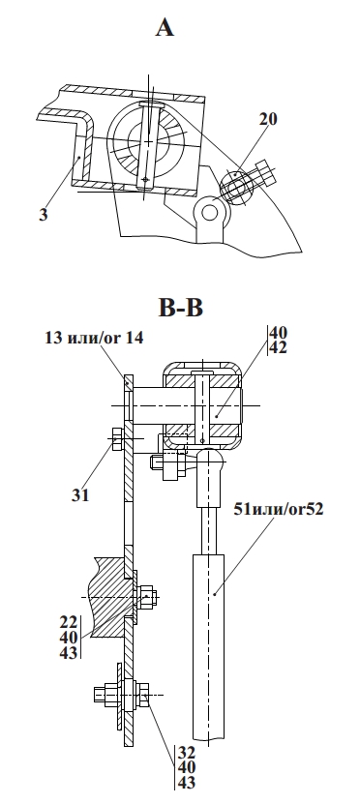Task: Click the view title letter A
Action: pos(165,27)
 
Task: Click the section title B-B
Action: pos(181,308)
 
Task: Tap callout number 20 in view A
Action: pos(268,119)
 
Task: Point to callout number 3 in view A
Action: pos(44,215)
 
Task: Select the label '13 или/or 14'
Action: pos(94,339)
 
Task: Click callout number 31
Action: pos(80,494)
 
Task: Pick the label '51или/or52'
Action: pos(279,509)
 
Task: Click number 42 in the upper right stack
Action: pos(278,347)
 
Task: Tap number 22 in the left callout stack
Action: pos(68,623)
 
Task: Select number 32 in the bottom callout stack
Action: pos(187,753)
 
